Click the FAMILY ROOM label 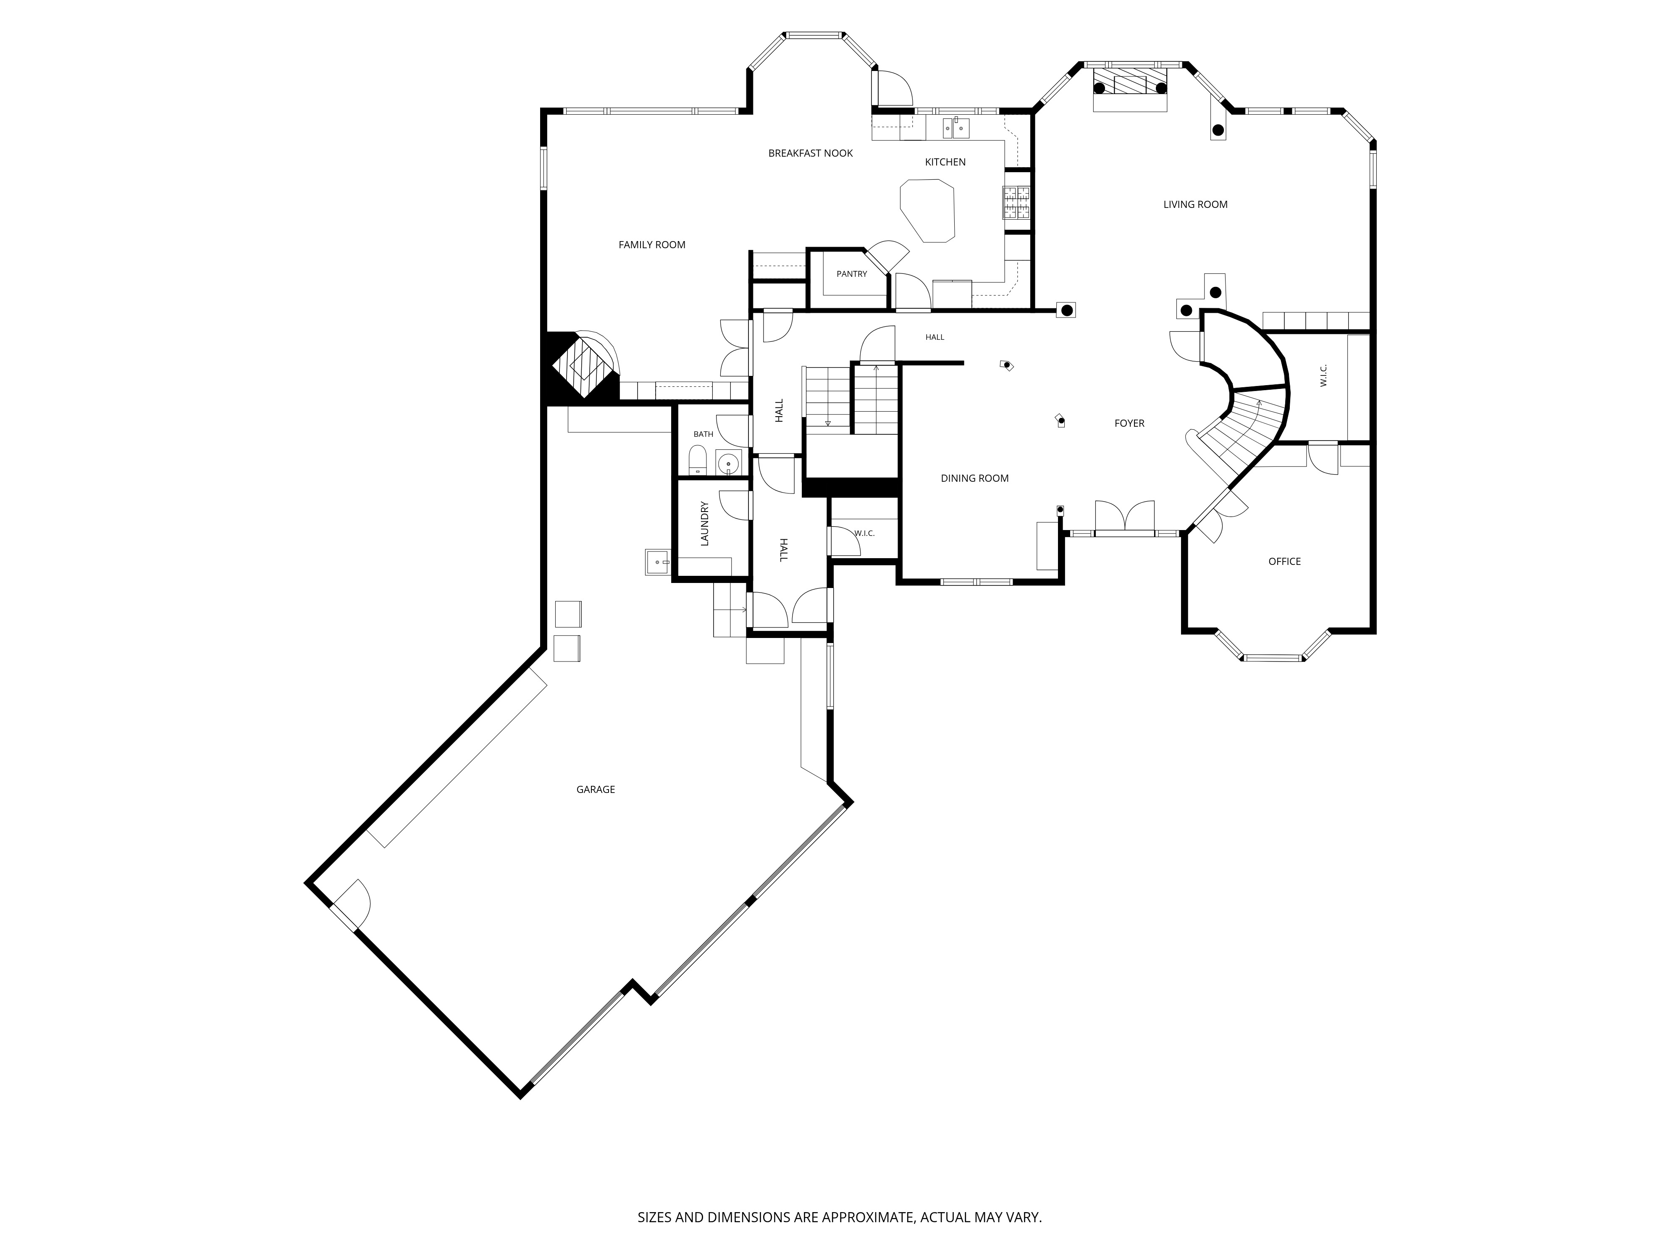point(652,244)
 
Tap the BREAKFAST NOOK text point(810,153)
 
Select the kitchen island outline point(927,211)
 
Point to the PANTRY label point(851,274)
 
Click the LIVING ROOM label point(1195,204)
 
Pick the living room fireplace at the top point(1129,89)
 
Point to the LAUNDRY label point(704,523)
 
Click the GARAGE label point(596,790)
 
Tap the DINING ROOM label point(974,478)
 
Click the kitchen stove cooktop point(1018,204)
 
